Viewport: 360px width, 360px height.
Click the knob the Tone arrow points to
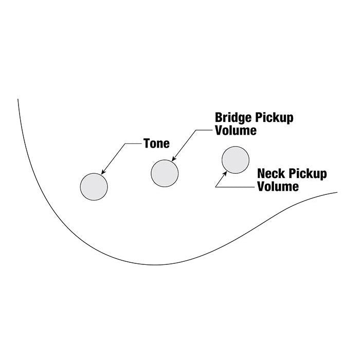94,187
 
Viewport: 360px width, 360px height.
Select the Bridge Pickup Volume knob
165,173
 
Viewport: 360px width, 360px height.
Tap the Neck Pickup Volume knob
236,160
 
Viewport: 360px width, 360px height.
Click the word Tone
156,143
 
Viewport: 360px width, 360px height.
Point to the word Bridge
233,118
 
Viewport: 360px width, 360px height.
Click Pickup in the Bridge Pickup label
274,118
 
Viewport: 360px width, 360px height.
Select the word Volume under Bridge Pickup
236,131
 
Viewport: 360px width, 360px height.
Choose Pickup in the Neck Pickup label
308,174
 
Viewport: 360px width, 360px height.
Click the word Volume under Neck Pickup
278,186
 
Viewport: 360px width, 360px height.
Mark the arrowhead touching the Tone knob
103,172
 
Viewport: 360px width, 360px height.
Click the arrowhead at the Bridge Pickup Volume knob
174,158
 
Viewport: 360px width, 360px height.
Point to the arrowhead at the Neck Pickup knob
225,174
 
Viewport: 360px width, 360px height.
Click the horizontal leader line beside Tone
133,143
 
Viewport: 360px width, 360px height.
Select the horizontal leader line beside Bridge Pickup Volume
204,130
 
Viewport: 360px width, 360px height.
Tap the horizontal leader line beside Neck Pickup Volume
235,187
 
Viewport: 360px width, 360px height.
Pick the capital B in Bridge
219,117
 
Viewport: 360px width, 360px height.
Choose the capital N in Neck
261,174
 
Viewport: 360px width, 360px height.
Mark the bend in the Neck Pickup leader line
215,187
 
